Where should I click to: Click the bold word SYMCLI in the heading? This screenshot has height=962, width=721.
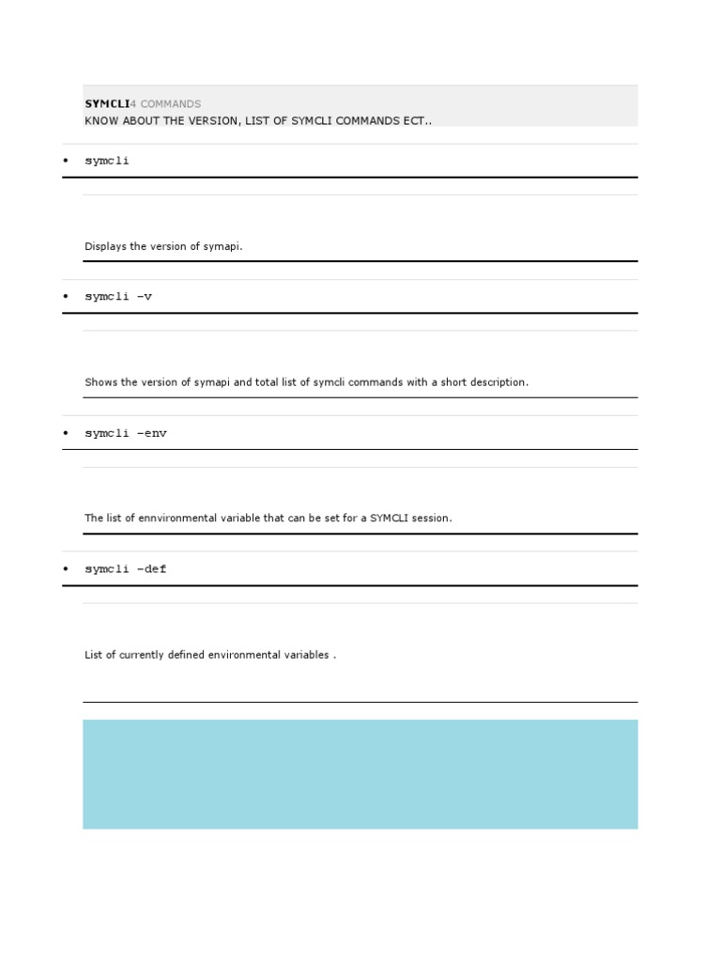tap(106, 104)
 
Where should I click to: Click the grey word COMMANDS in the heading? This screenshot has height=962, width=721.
tap(170, 104)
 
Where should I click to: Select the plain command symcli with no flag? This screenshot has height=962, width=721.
tap(107, 161)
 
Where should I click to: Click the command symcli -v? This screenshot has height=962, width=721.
tap(118, 297)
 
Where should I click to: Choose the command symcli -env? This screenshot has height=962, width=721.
tap(126, 433)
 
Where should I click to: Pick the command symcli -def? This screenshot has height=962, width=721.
tap(126, 569)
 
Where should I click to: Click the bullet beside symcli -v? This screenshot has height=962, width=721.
tap(66, 297)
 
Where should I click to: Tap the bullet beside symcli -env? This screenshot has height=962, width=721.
tap(66, 433)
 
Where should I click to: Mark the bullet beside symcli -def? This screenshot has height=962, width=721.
tap(66, 569)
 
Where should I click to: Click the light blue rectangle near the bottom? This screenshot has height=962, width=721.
tap(360, 774)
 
